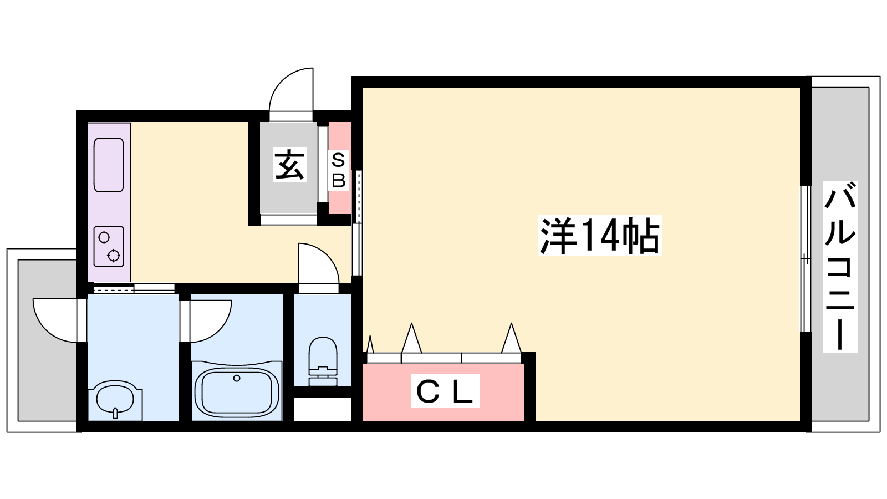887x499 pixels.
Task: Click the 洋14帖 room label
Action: pyautogui.click(x=600, y=236)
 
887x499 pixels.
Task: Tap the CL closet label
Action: pyautogui.click(x=445, y=391)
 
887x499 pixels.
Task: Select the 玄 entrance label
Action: pyautogui.click(x=290, y=165)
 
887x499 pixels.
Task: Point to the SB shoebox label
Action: pyautogui.click(x=339, y=170)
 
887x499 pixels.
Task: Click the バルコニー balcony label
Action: pyautogui.click(x=840, y=267)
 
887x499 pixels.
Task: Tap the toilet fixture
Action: pyautogui.click(x=323, y=361)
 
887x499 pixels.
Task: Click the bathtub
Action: pyautogui.click(x=236, y=390)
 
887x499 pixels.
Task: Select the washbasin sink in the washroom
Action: pyautogui.click(x=115, y=400)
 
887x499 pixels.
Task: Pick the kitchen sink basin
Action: pyautogui.click(x=109, y=165)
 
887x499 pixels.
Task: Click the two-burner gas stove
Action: pyautogui.click(x=109, y=246)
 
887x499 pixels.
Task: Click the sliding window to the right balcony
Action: pyautogui.click(x=806, y=259)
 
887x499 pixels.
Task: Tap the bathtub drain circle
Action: pyautogui.click(x=237, y=378)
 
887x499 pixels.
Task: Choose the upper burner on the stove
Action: pyautogui.click(x=104, y=238)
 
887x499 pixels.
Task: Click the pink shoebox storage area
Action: pyautogui.click(x=340, y=168)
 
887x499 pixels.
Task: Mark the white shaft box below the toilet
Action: pyautogui.click(x=323, y=409)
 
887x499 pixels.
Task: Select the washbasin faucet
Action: pyautogui.click(x=115, y=413)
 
